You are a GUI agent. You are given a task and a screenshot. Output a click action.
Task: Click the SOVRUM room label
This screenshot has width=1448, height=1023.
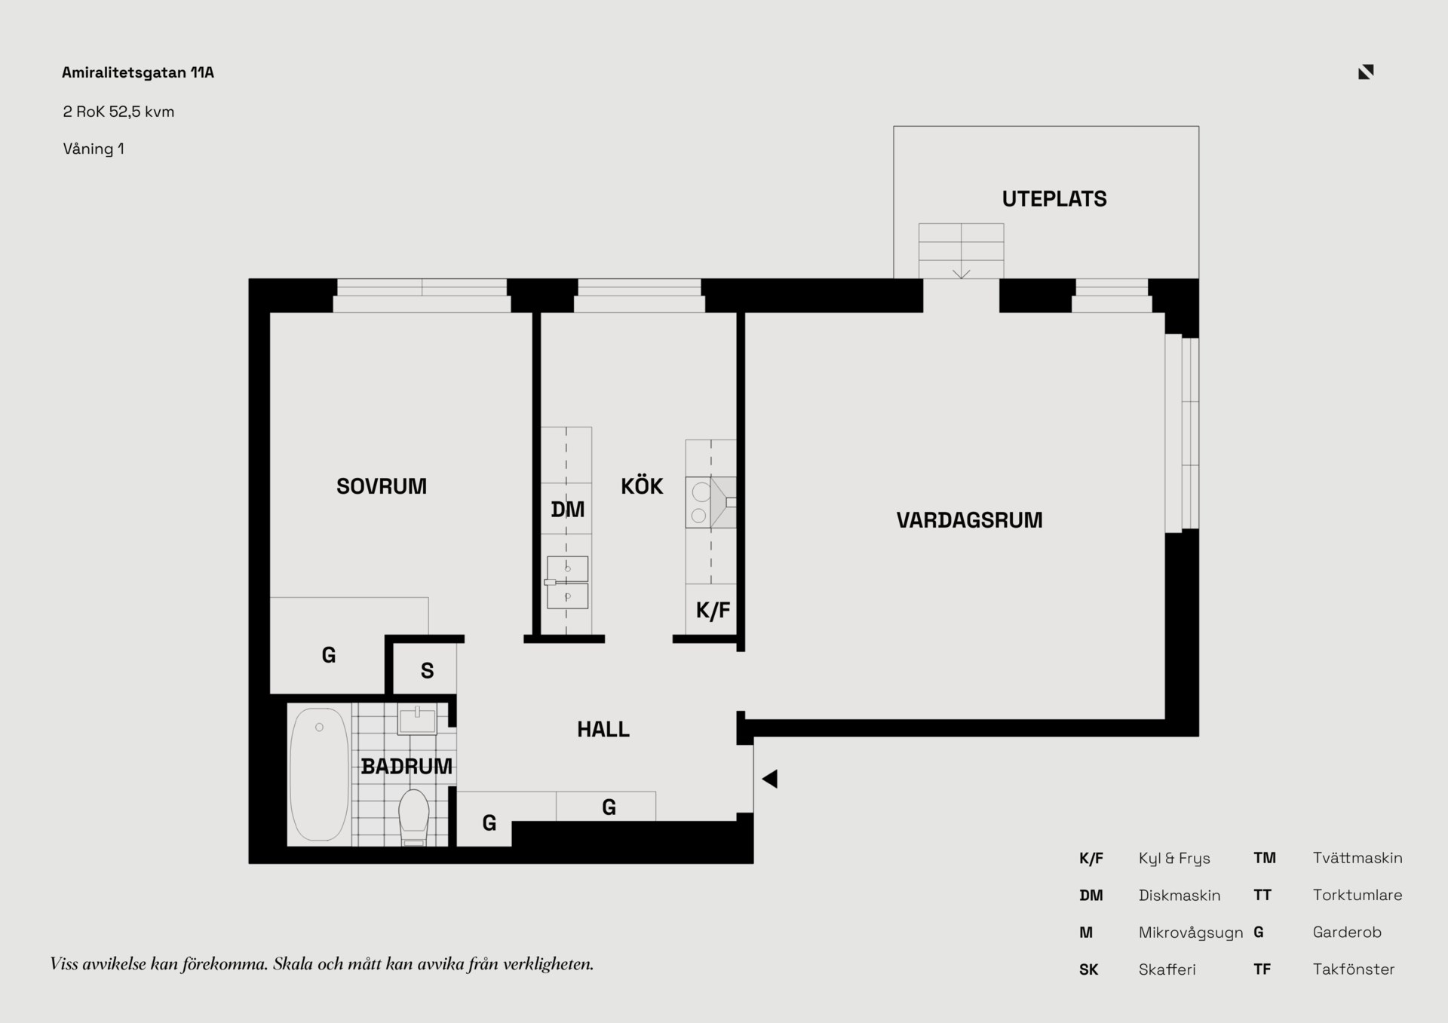click(382, 486)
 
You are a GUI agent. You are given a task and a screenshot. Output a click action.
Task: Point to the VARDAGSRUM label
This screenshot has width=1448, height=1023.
click(969, 520)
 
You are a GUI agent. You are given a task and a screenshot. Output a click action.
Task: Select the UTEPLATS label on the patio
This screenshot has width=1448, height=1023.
click(1054, 199)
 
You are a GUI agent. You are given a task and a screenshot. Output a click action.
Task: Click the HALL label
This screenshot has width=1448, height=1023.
click(603, 729)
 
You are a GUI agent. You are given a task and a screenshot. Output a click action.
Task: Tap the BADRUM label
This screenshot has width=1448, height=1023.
click(406, 767)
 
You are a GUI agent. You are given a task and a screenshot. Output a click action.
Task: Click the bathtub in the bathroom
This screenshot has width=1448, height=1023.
click(319, 774)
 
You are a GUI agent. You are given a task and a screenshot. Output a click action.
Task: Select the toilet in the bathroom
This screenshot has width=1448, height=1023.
click(413, 817)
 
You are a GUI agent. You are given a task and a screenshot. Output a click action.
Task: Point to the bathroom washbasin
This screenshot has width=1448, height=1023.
click(417, 720)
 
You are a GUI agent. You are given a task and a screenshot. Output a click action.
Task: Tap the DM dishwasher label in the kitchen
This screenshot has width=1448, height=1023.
click(567, 510)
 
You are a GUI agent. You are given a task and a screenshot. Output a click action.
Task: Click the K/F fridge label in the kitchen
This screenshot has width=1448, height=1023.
click(713, 611)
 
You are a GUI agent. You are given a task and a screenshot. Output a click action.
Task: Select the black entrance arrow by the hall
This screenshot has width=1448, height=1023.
click(769, 779)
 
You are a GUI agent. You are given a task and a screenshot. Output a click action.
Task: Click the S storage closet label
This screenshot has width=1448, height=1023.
click(427, 671)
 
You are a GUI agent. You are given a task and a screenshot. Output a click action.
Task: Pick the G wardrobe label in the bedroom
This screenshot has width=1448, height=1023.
click(329, 655)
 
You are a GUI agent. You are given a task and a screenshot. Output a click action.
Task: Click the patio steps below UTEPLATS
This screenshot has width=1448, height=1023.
click(961, 251)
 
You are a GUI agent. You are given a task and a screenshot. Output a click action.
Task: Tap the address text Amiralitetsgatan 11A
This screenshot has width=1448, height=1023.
click(138, 72)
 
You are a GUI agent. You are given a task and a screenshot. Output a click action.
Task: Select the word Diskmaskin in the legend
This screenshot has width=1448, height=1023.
click(1180, 896)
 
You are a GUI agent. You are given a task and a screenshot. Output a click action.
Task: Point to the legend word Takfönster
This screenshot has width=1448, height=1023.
click(1354, 969)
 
